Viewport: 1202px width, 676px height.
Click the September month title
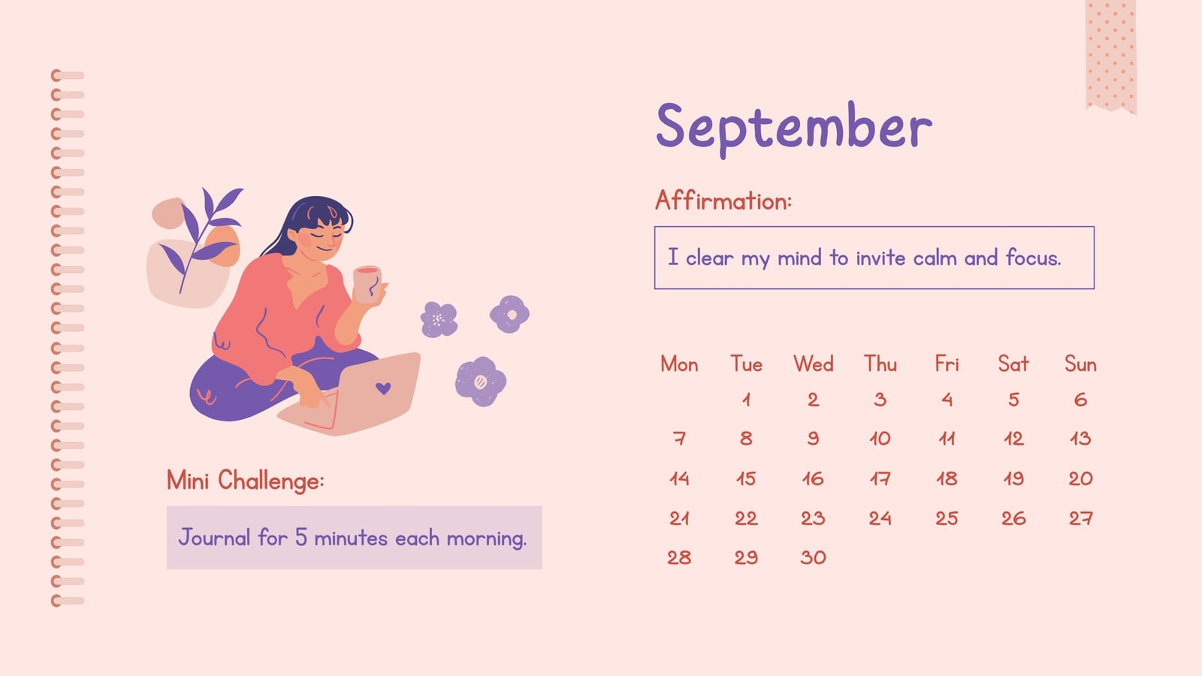(794, 128)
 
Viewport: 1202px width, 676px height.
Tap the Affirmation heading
(723, 201)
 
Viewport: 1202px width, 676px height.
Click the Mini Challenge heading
(245, 480)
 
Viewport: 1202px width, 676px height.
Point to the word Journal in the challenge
(214, 538)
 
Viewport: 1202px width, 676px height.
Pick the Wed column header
(814, 364)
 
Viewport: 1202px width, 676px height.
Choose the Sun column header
(1081, 364)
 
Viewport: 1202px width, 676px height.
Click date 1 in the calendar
(747, 400)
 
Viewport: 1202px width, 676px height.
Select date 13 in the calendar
(1081, 439)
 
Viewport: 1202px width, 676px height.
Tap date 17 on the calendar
(880, 478)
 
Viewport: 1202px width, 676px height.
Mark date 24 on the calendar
(880, 518)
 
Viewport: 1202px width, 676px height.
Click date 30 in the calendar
(814, 557)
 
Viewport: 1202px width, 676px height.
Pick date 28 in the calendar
(679, 557)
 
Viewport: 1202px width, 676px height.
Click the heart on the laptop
(383, 388)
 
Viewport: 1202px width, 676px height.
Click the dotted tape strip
(1111, 56)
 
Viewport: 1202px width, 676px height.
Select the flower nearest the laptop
(481, 382)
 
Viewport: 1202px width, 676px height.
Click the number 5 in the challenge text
(301, 538)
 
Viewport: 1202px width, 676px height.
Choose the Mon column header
(679, 364)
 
